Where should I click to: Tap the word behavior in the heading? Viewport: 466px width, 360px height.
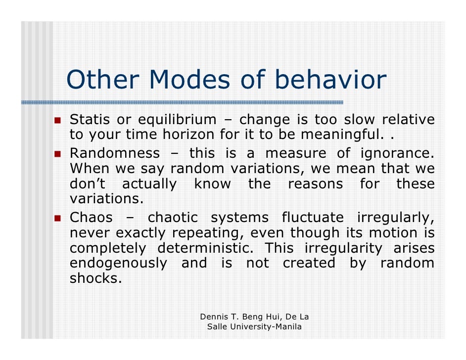(330, 80)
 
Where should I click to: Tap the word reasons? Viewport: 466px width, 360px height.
(315, 184)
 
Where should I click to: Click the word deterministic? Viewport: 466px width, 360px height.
(205, 248)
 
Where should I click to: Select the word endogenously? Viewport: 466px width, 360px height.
(118, 263)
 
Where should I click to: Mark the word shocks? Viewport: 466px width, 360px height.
(95, 278)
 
